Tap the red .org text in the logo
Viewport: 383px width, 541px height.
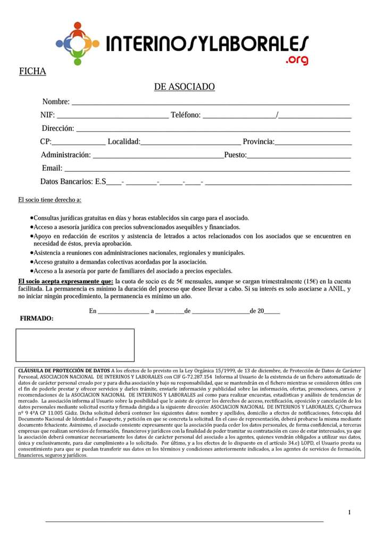pyautogui.click(x=296, y=60)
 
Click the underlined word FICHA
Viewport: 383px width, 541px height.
pyautogui.click(x=32, y=71)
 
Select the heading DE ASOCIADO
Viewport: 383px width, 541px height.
pyautogui.click(x=184, y=87)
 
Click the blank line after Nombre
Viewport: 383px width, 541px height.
pyautogui.click(x=210, y=104)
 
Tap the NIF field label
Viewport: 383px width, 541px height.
pyautogui.click(x=47, y=115)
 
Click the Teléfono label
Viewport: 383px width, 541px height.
pyautogui.click(x=185, y=115)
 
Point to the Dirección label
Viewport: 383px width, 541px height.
pyautogui.click(x=58, y=128)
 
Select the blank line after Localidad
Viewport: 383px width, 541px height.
pyautogui.click(x=190, y=144)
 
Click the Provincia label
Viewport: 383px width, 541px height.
pyautogui.click(x=259, y=142)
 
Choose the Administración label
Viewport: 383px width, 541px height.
pyautogui.click(x=66, y=155)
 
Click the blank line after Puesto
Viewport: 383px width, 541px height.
pyautogui.click(x=299, y=157)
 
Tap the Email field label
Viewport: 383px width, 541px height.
pyautogui.click(x=52, y=168)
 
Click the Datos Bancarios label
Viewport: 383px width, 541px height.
pyautogui.click(x=72, y=182)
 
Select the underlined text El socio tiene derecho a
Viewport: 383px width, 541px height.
pyautogui.click(x=49, y=200)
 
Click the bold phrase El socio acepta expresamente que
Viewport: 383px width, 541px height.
pyautogui.click(x=65, y=281)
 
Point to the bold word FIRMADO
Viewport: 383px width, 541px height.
pyautogui.click(x=36, y=318)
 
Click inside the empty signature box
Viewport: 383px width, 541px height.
pyautogui.click(x=75, y=345)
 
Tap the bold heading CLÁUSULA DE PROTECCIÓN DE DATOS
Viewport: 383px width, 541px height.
pyautogui.click(x=64, y=370)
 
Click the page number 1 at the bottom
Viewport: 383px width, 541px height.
pyautogui.click(x=349, y=512)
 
